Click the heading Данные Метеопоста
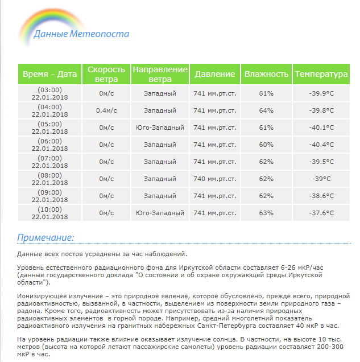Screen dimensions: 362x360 click(x=81, y=34)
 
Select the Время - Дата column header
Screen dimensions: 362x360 click(x=49, y=75)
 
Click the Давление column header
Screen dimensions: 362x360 click(x=214, y=75)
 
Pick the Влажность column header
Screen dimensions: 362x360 click(x=266, y=75)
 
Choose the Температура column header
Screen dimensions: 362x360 click(x=321, y=75)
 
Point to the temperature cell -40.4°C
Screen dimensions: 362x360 click(x=321, y=145)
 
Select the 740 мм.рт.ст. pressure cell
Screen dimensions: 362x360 click(x=214, y=179)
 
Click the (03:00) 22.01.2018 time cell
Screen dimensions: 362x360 click(x=49, y=93)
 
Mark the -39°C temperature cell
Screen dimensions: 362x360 click(x=321, y=179)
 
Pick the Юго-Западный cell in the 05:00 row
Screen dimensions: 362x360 click(x=160, y=127)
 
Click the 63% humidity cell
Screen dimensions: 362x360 click(x=266, y=213)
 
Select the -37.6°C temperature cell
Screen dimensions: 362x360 click(x=321, y=213)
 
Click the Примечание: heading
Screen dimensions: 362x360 click(x=45, y=237)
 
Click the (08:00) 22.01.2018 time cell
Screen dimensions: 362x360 click(x=49, y=179)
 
